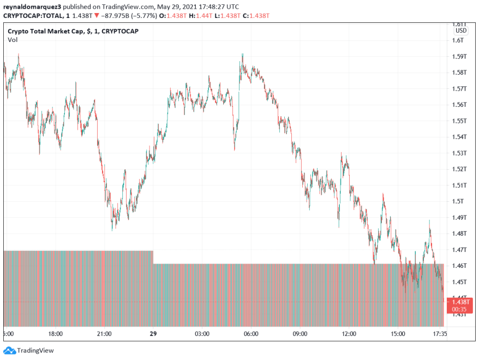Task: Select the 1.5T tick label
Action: tap(457, 201)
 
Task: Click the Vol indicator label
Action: tap(12, 40)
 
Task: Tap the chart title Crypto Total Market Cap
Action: tap(46, 31)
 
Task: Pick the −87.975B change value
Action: tap(112, 15)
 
